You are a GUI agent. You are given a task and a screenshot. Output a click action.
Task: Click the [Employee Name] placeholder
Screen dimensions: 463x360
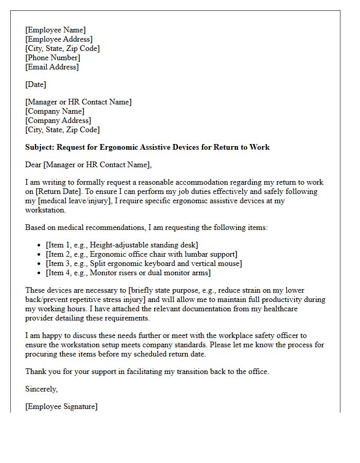56,30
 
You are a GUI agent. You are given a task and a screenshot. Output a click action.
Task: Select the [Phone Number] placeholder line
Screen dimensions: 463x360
52,58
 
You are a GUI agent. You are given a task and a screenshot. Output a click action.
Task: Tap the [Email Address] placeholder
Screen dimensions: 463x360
52,67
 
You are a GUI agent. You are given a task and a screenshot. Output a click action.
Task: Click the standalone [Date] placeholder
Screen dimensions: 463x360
35,84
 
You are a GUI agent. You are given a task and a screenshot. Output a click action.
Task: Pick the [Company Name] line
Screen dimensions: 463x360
55,111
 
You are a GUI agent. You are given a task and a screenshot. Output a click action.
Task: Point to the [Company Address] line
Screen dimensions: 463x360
58,120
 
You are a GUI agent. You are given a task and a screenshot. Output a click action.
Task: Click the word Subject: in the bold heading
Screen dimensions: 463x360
40,147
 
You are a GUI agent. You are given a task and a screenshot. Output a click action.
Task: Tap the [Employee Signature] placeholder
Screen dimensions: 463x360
61,406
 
